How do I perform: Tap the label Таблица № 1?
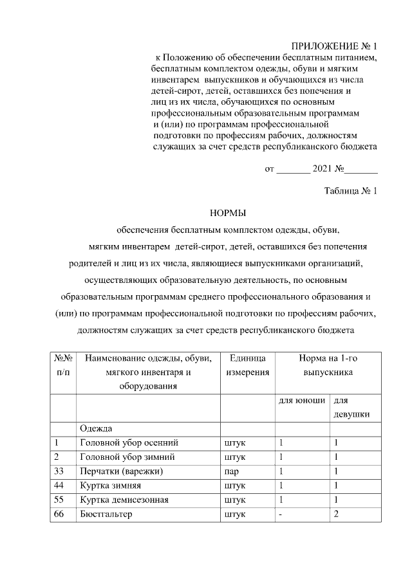click(x=350, y=190)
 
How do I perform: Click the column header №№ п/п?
click(x=63, y=365)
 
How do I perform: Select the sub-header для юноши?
click(x=301, y=400)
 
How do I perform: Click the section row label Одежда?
click(x=96, y=428)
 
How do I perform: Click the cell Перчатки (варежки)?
click(x=121, y=471)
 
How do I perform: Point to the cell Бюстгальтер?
click(x=107, y=514)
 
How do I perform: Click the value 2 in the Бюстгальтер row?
click(x=336, y=514)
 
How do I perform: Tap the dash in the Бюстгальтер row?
click(x=281, y=514)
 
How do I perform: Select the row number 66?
click(x=60, y=514)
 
